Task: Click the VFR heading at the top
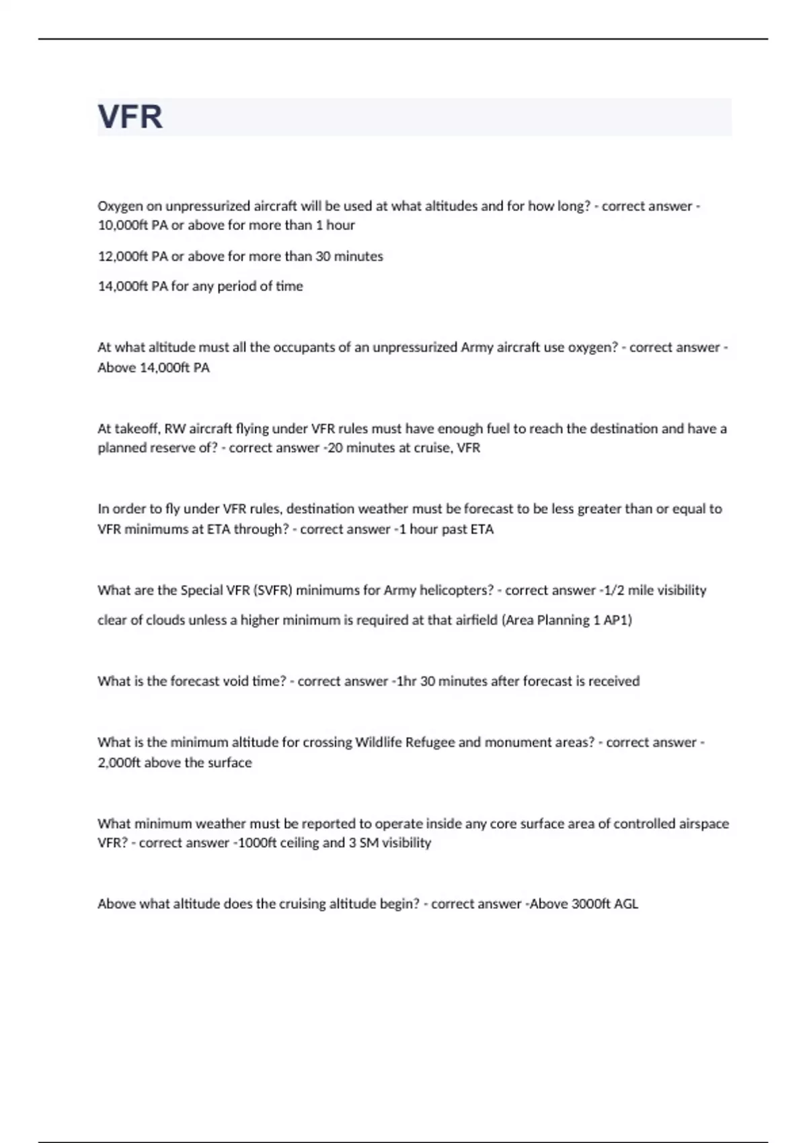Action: pyautogui.click(x=130, y=117)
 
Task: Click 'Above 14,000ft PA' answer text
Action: pyautogui.click(x=154, y=368)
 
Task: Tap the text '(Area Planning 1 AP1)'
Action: pyautogui.click(x=567, y=620)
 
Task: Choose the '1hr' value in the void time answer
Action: pyautogui.click(x=406, y=681)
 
